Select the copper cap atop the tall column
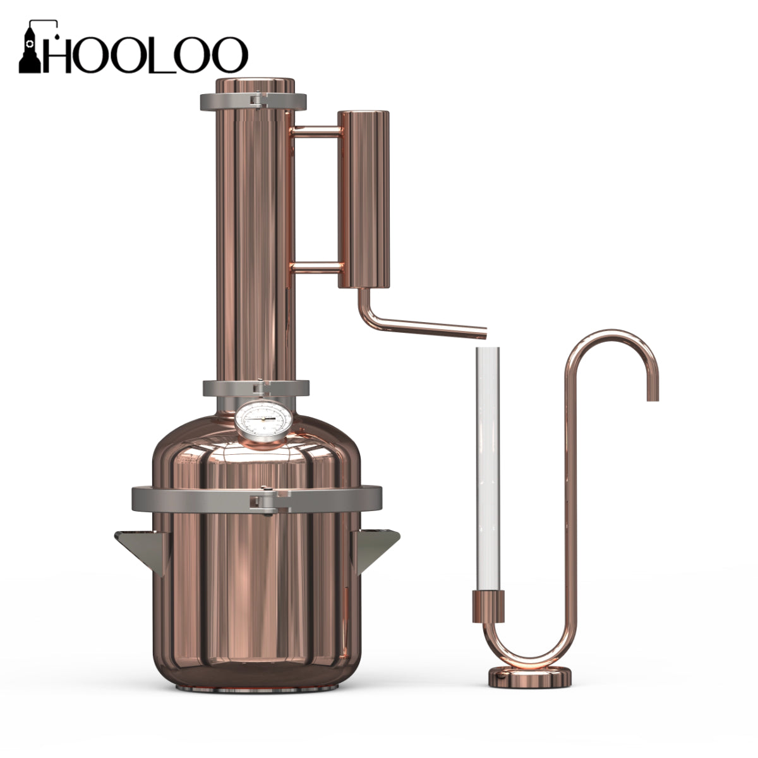(x=255, y=85)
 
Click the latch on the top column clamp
(x=257, y=100)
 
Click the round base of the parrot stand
(x=531, y=677)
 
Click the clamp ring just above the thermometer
(x=256, y=388)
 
